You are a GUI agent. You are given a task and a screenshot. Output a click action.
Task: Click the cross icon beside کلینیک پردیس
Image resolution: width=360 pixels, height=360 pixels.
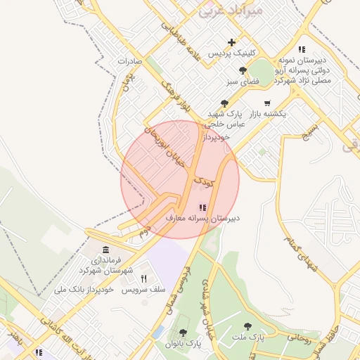pos(232,42)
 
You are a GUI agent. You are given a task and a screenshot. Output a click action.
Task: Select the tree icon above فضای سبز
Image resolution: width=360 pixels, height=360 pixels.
pos(243,70)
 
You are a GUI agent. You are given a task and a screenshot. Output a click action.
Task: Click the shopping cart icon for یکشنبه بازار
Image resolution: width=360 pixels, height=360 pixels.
pos(267,103)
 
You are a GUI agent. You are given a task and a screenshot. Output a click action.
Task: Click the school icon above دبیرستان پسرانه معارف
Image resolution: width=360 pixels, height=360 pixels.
pos(202,207)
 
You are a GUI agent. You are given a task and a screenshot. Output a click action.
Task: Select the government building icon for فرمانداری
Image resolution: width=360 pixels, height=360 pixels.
pos(105,250)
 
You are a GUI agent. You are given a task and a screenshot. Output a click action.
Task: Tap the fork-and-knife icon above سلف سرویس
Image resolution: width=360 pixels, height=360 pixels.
pos(144,278)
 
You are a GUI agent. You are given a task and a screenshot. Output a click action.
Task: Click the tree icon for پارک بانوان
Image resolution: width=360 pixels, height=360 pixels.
pos(183,332)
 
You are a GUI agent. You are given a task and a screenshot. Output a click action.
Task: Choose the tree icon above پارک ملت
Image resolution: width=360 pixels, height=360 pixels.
pos(247,326)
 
